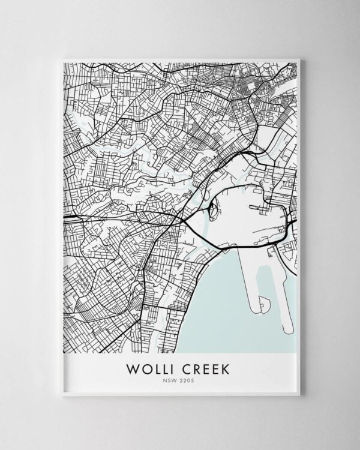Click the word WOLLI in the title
[149, 368]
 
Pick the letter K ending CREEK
[224, 368]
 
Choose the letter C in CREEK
[182, 368]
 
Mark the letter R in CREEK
[193, 368]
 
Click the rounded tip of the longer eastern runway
[289, 330]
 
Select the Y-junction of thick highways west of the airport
[182, 220]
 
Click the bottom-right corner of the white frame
[299, 395]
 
